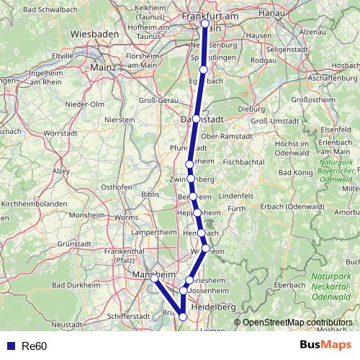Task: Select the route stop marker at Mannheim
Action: pos(154,278)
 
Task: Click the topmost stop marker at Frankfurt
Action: pos(205,23)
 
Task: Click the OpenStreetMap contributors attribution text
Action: pos(297,323)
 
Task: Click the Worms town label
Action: pos(126,217)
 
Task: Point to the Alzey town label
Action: pos(60,171)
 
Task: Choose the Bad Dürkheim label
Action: pos(47,286)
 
